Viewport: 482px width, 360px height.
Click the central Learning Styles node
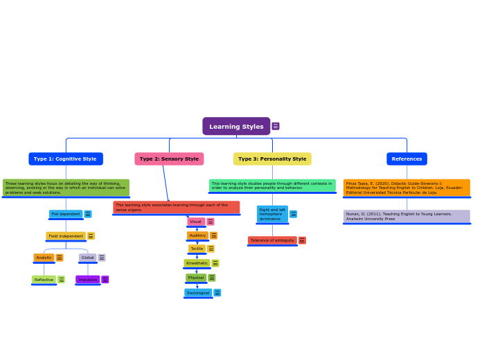pyautogui.click(x=236, y=127)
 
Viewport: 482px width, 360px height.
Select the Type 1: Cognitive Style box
pyautogui.click(x=65, y=159)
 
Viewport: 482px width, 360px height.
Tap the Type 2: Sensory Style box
pyautogui.click(x=169, y=159)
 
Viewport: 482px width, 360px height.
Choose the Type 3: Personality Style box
pyautogui.click(x=272, y=159)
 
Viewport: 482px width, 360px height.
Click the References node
pyautogui.click(x=407, y=159)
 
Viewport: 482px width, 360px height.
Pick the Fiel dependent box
pyautogui.click(x=66, y=214)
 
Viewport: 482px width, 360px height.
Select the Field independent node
pyautogui.click(x=66, y=236)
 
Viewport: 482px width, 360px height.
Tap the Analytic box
pyautogui.click(x=44, y=258)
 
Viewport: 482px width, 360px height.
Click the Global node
pyautogui.click(x=87, y=258)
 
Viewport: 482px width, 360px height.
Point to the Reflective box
pyautogui.click(x=44, y=280)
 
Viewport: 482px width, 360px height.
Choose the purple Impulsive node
pyautogui.click(x=88, y=280)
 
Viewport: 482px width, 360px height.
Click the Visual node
pyautogui.click(x=196, y=222)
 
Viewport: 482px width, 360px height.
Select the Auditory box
pyautogui.click(x=197, y=235)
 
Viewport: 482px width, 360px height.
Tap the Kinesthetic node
pyautogui.click(x=197, y=263)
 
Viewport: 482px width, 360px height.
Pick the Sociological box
pyautogui.click(x=198, y=293)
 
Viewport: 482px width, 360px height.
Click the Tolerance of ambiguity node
pyautogui.click(x=272, y=240)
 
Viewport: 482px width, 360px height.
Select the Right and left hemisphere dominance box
pyautogui.click(x=272, y=214)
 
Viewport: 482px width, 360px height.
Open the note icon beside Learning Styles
pyautogui.click(x=276, y=127)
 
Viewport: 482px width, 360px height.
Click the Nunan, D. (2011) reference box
pyautogui.click(x=407, y=216)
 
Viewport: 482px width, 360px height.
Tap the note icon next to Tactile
pyautogui.click(x=211, y=249)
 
